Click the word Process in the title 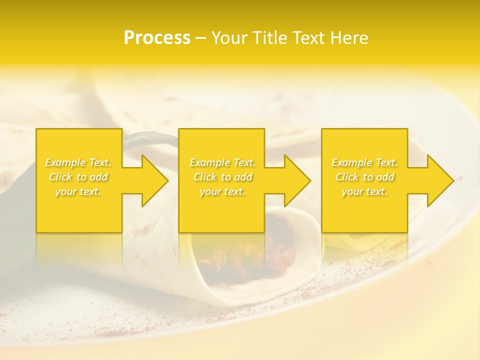tap(157, 38)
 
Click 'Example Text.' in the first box tap(78, 162)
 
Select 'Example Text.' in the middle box tap(222, 162)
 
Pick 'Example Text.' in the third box tap(364, 162)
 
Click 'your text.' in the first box tap(78, 191)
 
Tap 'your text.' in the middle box tap(222, 191)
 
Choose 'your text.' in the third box tap(364, 191)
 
